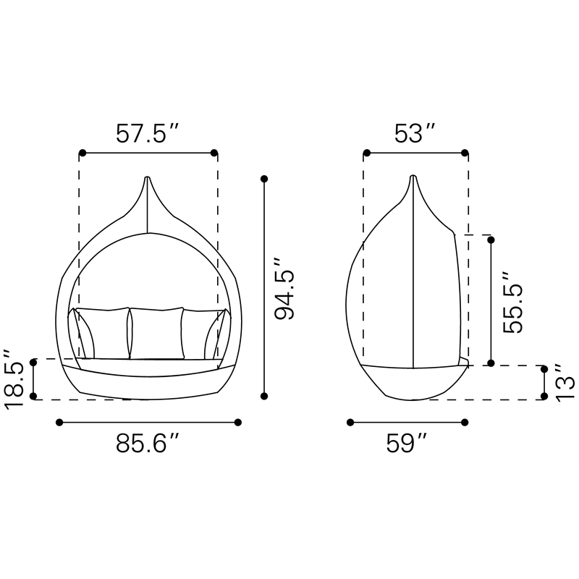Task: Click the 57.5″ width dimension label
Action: point(148,133)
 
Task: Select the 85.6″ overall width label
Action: point(148,443)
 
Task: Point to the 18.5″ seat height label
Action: point(14,379)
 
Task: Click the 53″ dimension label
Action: point(415,133)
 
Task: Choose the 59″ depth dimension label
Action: point(406,443)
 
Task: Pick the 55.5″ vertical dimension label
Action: point(513,303)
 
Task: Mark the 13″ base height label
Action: point(565,382)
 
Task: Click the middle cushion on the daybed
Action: point(156,333)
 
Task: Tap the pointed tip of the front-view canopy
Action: point(148,177)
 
